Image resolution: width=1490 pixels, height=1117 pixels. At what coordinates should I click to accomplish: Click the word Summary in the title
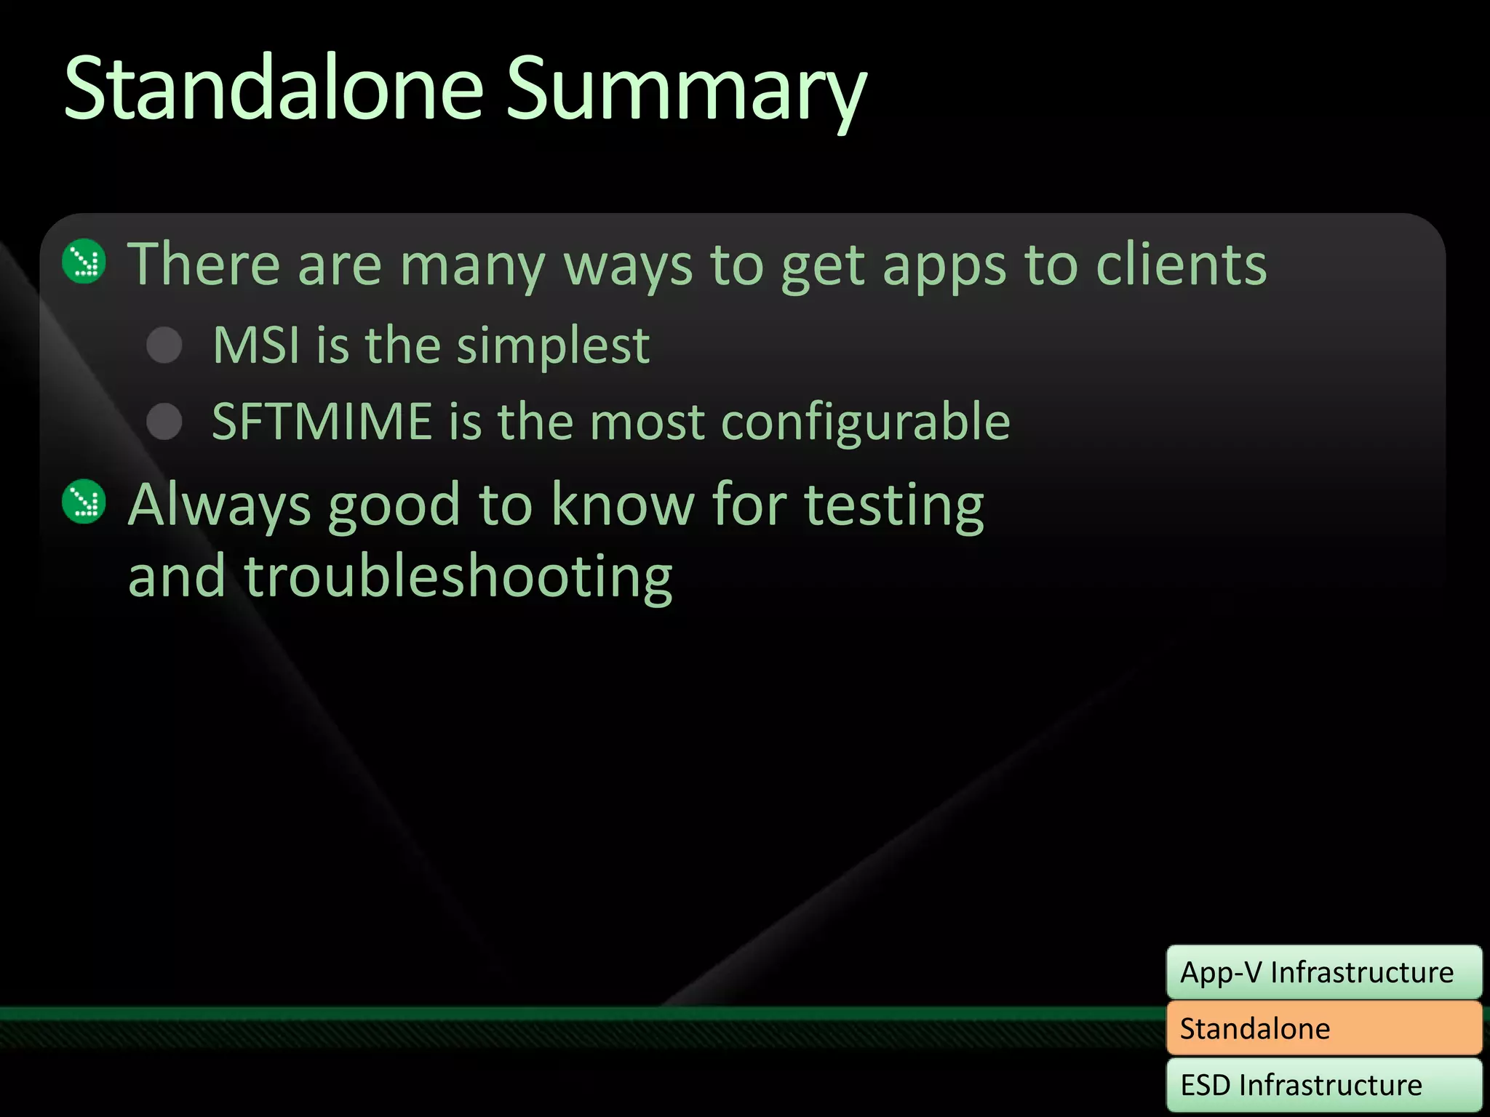[x=685, y=91]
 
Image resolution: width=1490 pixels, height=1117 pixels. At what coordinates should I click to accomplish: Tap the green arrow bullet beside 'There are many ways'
[x=84, y=261]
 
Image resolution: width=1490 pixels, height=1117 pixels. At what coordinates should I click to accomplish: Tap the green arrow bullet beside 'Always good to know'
[x=84, y=501]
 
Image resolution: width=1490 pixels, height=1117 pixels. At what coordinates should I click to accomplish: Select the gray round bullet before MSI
[x=164, y=345]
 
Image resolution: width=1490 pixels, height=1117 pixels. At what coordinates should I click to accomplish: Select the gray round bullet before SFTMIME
[x=164, y=421]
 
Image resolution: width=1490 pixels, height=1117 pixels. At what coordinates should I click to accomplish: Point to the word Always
[x=219, y=505]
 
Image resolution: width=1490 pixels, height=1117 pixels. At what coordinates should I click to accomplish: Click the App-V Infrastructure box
[x=1323, y=972]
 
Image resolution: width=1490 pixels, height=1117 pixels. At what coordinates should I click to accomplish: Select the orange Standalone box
[x=1323, y=1028]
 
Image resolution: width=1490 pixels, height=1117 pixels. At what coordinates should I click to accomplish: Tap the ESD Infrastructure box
[x=1323, y=1084]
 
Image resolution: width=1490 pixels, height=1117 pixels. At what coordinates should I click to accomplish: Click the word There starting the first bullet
[x=204, y=264]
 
